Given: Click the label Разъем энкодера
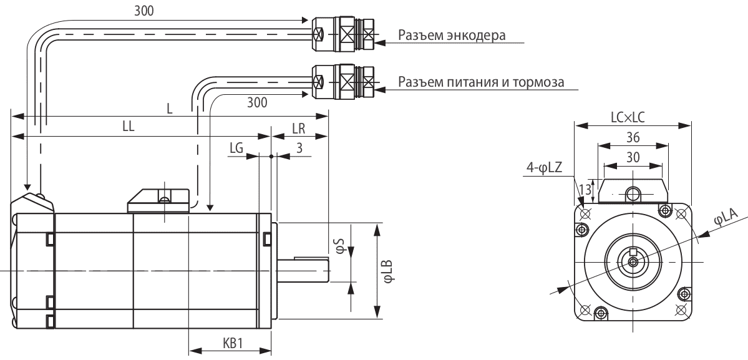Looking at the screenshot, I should [x=451, y=35].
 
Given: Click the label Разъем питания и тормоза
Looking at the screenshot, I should [x=480, y=82].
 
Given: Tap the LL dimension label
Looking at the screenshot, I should [x=130, y=126].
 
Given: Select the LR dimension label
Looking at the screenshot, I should [x=299, y=129].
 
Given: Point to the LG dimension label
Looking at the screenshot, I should [x=236, y=148].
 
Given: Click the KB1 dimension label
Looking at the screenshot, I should [x=232, y=344].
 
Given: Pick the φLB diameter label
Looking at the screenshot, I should [x=388, y=271].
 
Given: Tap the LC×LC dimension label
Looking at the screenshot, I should [x=633, y=116].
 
